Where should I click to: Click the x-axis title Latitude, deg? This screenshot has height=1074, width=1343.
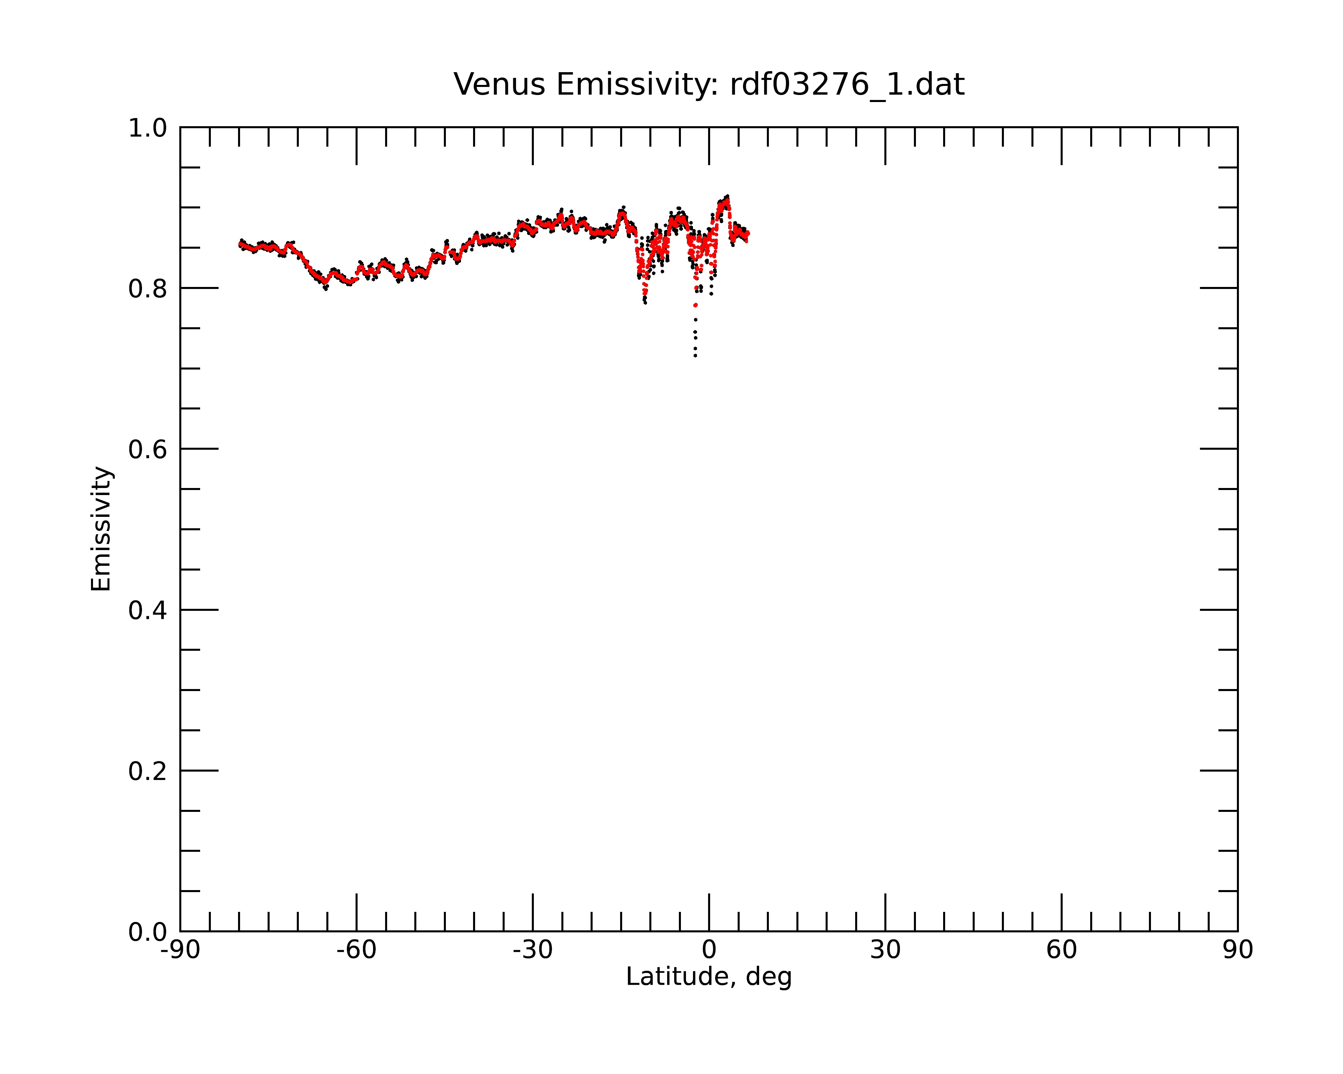click(709, 976)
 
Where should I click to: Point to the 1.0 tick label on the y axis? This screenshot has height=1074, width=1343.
click(148, 128)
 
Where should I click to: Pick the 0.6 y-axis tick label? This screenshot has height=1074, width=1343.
click(148, 449)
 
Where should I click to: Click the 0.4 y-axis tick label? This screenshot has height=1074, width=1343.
click(148, 610)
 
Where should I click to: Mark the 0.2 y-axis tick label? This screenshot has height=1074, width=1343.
click(148, 771)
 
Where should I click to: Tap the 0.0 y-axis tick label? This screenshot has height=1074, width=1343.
click(148, 931)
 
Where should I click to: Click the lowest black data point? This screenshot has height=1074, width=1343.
click(695, 355)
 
